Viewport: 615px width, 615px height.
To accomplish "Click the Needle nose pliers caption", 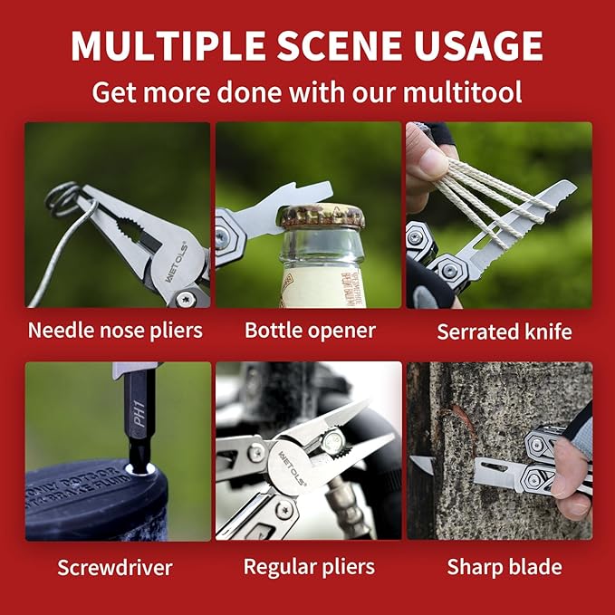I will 115,330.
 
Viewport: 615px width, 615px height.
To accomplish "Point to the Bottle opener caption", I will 310,330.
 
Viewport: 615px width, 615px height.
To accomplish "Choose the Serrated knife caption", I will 504,332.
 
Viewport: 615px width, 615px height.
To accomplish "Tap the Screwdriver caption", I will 115,568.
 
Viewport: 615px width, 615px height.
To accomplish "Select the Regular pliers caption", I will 309,568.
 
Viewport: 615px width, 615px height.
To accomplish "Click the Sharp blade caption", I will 504,568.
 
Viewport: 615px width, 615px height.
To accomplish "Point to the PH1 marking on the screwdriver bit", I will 138,398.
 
